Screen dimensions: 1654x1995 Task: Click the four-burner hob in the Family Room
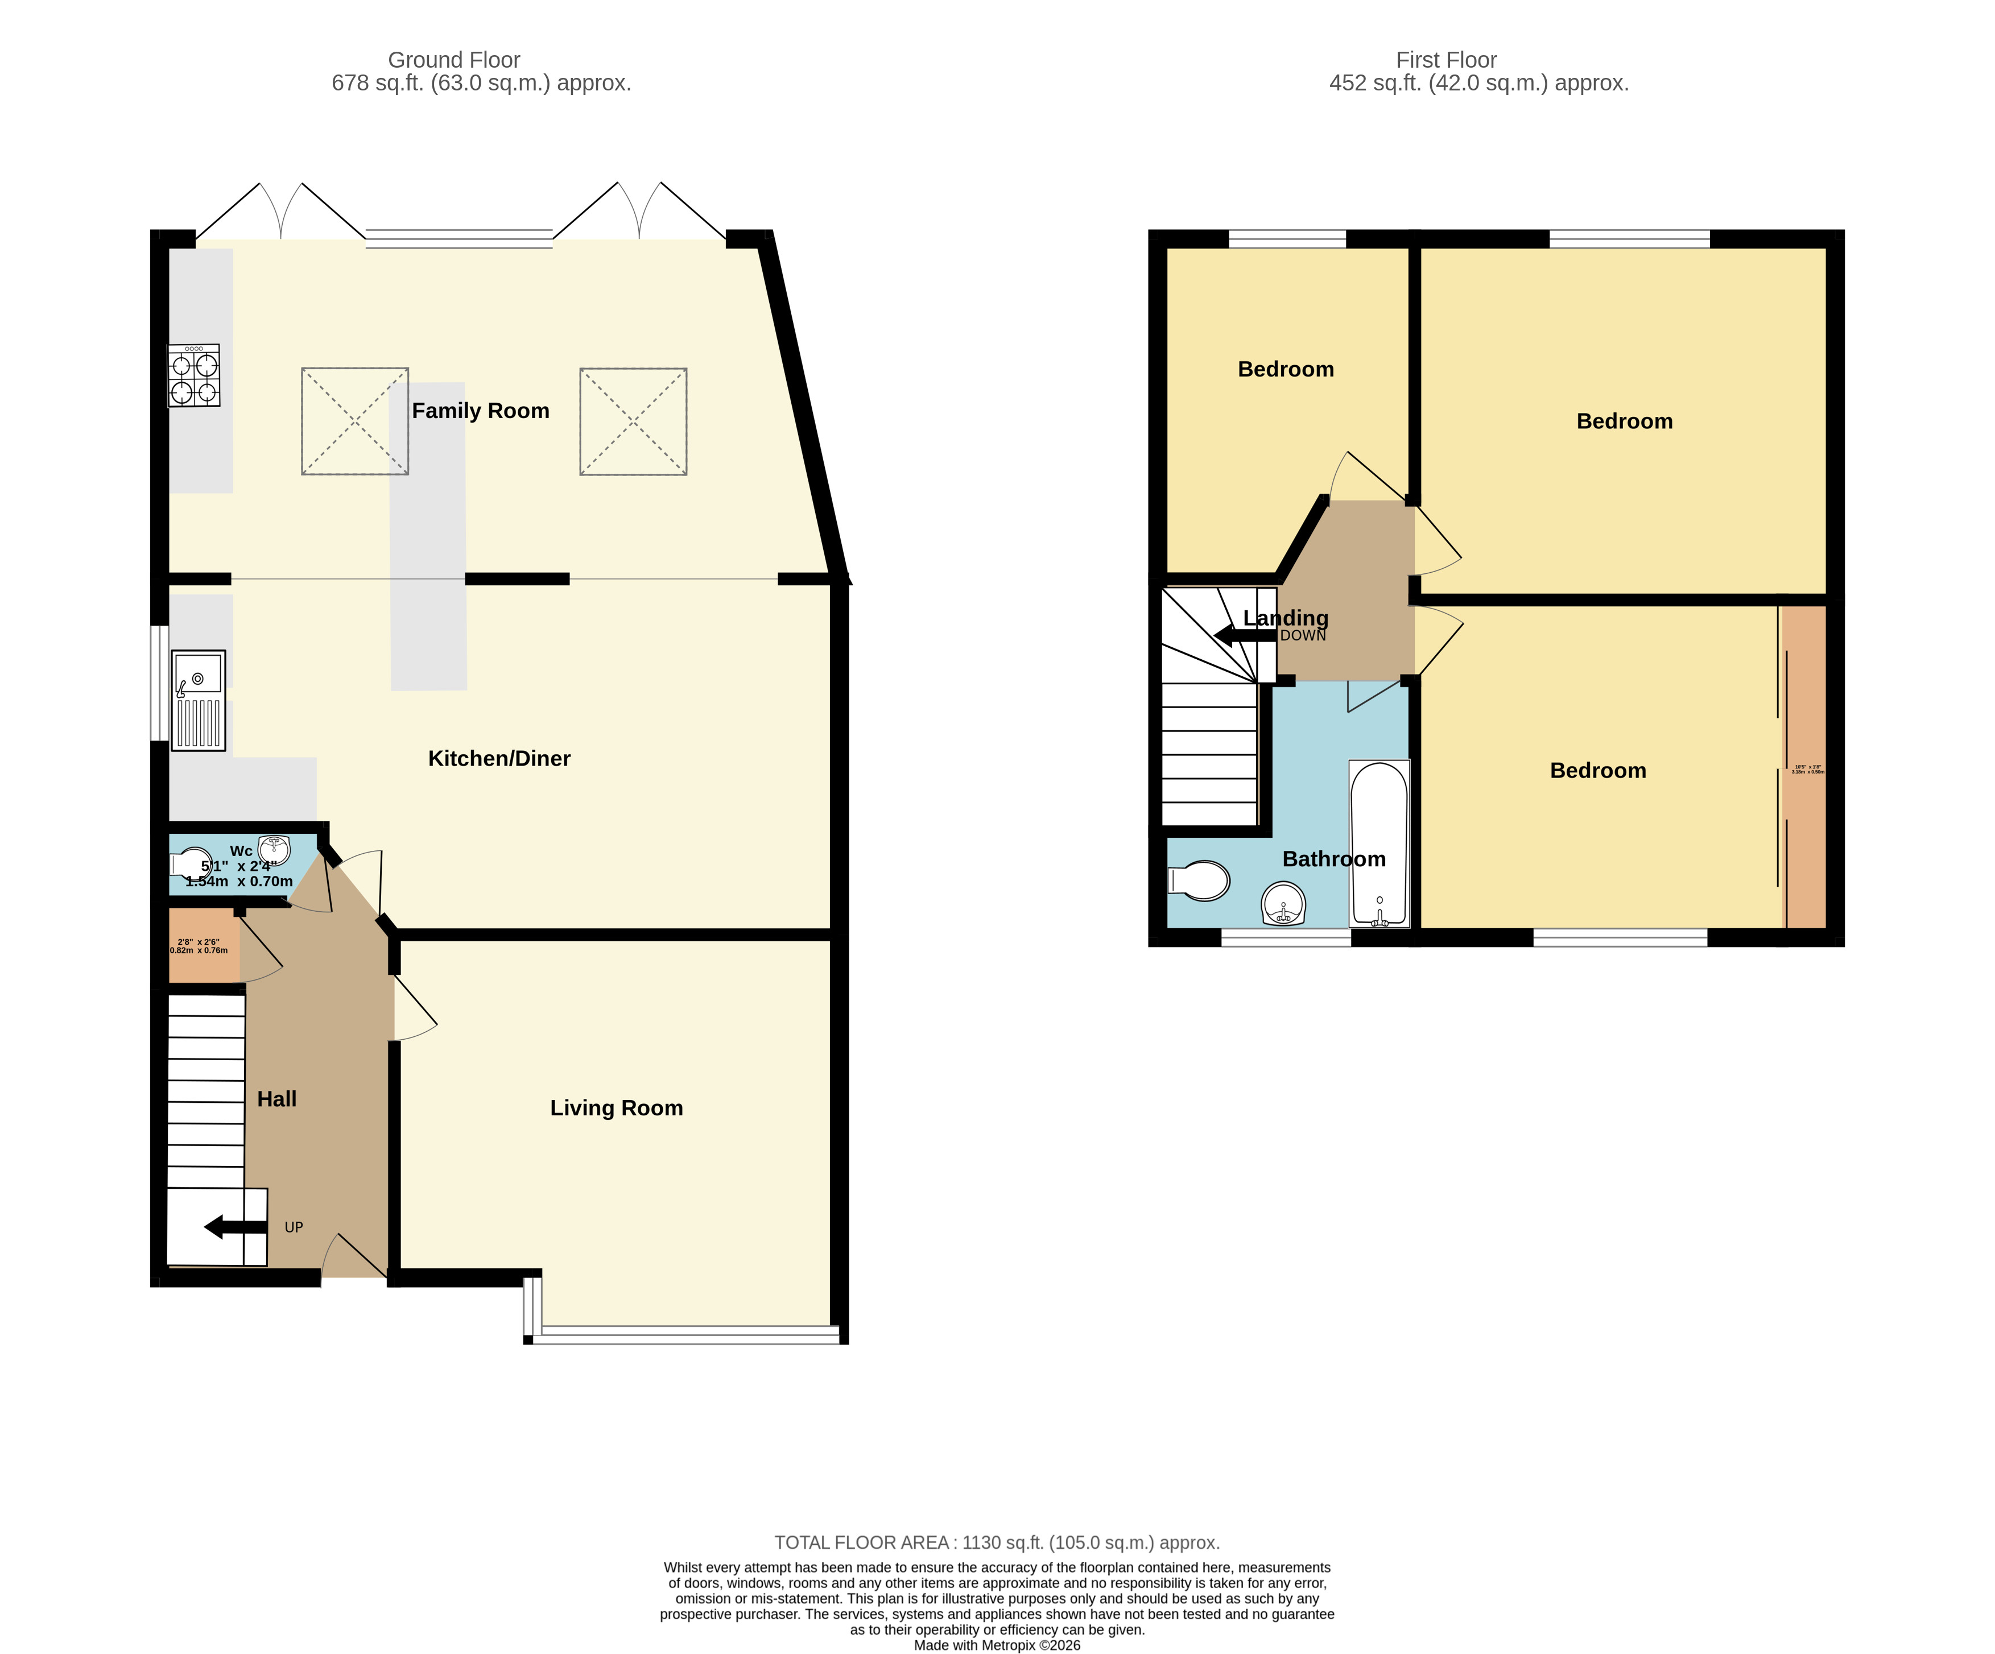194,375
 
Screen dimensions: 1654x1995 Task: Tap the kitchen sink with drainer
199,700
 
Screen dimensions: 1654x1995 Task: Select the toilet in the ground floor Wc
190,863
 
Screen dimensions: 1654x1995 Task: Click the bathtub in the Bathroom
1378,843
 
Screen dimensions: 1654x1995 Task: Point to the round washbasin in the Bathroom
1283,903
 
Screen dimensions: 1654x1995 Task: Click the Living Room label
617,1108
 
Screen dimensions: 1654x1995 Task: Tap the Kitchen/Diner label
499,758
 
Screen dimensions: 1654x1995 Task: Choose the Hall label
276,1099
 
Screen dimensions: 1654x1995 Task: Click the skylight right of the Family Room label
633,421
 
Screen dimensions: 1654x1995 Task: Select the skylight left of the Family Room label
354,421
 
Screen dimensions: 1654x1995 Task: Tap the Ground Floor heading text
453,60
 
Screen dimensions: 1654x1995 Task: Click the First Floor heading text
1446,60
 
